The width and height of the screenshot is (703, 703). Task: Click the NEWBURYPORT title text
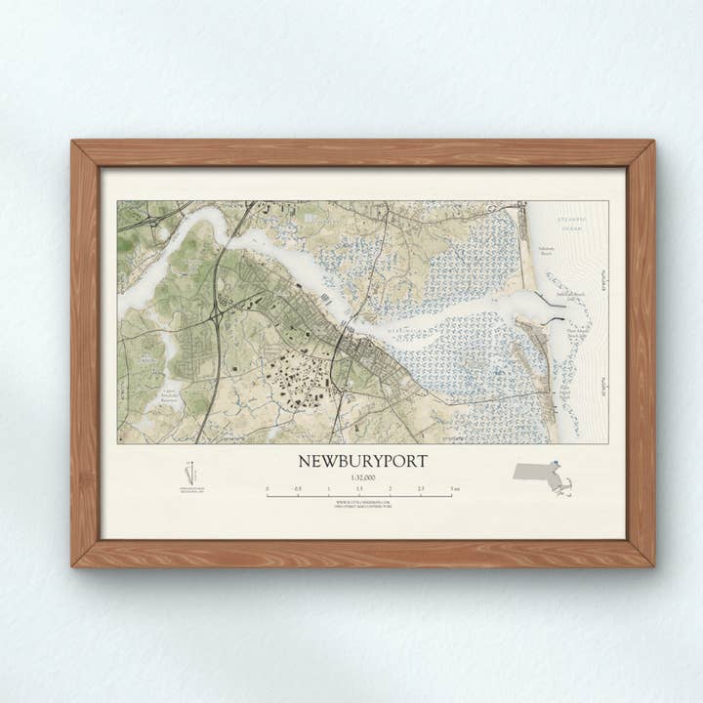362,460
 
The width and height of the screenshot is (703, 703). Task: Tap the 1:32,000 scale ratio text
360,476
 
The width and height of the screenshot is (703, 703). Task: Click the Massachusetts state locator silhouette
543,477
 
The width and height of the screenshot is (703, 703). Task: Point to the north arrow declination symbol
191,472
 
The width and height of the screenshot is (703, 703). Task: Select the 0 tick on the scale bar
267,495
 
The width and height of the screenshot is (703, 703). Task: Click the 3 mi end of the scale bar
452,495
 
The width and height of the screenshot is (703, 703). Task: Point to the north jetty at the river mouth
551,302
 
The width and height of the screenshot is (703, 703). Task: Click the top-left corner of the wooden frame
73,143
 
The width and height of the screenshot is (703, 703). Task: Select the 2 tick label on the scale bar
390,487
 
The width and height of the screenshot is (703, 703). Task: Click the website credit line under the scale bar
360,502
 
